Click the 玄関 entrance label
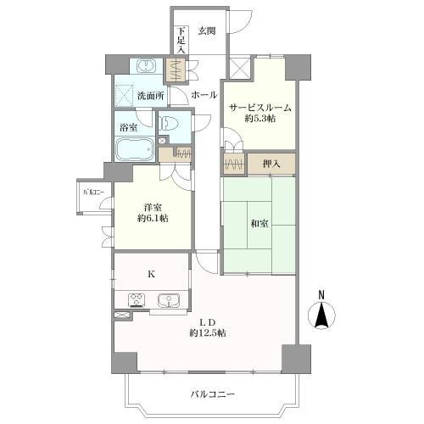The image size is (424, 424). tap(208, 31)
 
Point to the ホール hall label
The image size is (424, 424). tap(204, 95)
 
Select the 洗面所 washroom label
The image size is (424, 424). tap(152, 96)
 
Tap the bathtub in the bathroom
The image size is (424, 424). tap(134, 149)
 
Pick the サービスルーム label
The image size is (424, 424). tap(260, 108)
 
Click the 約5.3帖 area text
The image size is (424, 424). tap(260, 120)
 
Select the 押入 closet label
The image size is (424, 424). tap(271, 163)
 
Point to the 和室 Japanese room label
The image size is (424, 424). tap(259, 224)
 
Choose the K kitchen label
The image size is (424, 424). tap(151, 273)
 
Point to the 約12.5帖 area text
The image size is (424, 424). tap(208, 332)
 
